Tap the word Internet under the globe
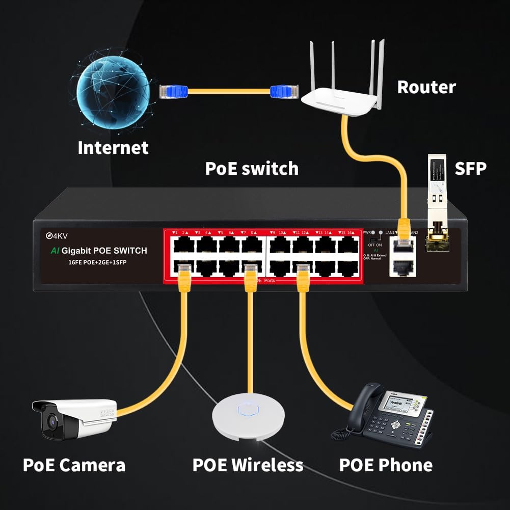113,148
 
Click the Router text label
426,87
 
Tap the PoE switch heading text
251,168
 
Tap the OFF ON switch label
374,245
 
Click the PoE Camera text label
74,465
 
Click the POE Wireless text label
248,465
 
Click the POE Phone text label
385,465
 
